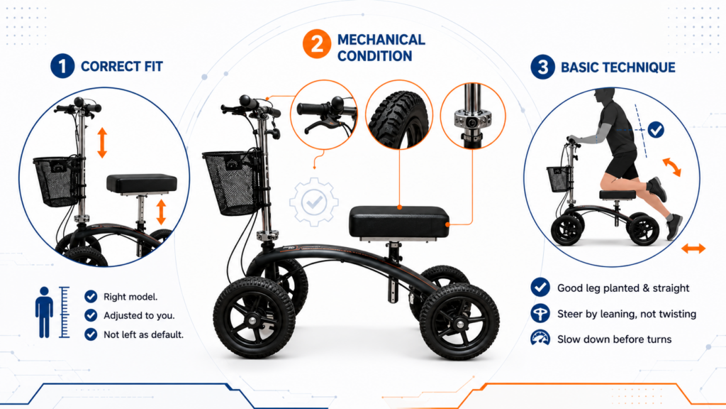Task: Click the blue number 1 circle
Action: coord(62,66)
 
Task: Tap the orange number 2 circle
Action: coord(317,44)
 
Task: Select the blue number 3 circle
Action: coord(542,67)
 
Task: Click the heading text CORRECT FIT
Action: coord(122,66)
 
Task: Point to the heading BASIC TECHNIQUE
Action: coord(618,67)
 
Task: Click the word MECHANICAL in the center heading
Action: coord(381,40)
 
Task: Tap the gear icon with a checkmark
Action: coord(314,202)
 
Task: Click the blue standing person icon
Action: coord(44,312)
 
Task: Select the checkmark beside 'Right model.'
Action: coord(91,296)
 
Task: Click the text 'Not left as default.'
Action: coord(143,334)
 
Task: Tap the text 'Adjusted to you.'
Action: coord(139,315)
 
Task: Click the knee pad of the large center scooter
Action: coord(399,222)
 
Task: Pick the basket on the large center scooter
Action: coord(232,182)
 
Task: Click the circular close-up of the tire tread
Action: coord(399,114)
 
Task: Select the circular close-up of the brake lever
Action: coord(324,114)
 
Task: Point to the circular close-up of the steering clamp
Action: coord(473,116)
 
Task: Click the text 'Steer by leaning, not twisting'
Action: coord(627,314)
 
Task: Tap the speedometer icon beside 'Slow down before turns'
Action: coord(540,339)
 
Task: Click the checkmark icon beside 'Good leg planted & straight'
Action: coord(540,288)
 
